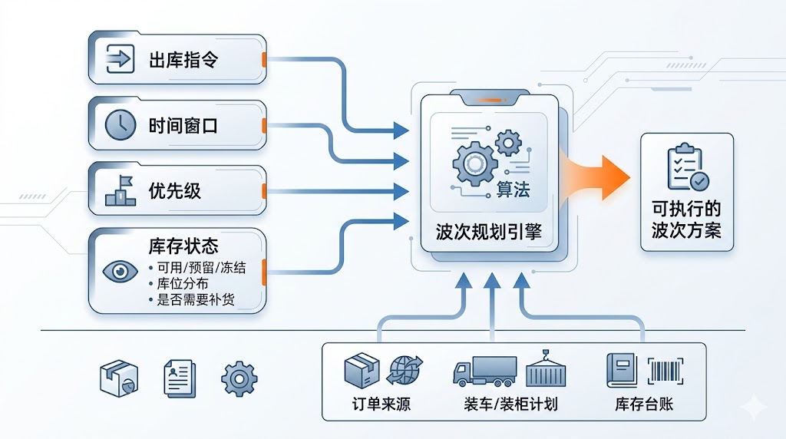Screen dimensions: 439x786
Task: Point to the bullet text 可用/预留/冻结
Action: pos(192,269)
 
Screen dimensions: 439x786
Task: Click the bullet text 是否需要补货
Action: pos(187,299)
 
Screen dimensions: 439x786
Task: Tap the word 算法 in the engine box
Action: pos(513,189)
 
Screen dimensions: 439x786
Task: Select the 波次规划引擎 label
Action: pos(488,230)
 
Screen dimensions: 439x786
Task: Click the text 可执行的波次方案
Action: pos(687,219)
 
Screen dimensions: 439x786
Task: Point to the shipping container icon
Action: pos(545,369)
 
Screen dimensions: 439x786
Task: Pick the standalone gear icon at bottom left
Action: pos(239,378)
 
